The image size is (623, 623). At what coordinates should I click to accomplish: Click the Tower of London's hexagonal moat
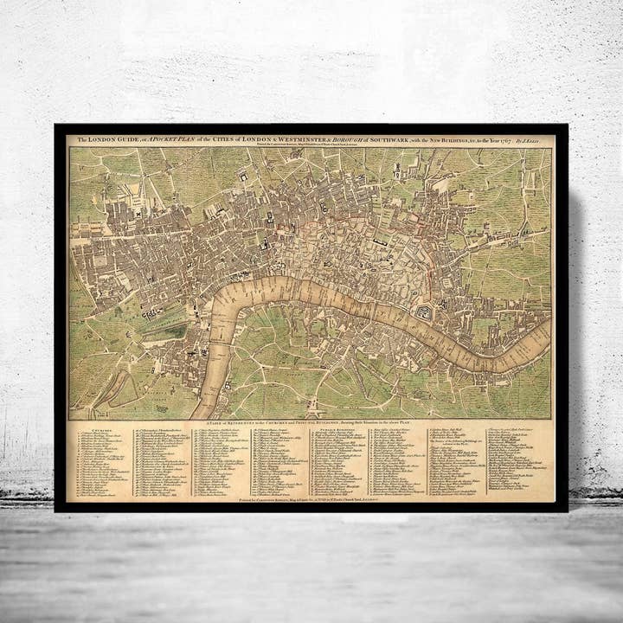coord(424,312)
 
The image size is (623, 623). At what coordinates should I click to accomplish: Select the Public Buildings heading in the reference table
coord(331,428)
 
